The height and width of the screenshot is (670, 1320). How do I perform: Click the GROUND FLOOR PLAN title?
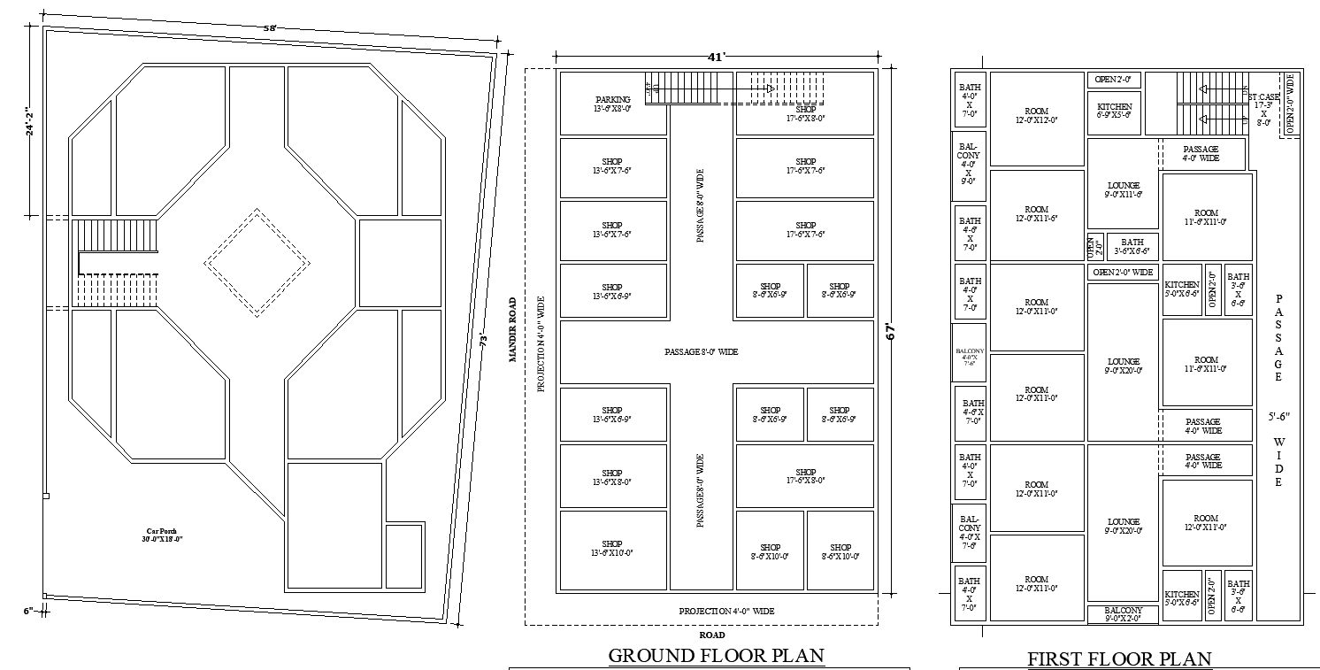(717, 656)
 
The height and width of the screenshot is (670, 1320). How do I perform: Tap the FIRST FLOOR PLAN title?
(1119, 658)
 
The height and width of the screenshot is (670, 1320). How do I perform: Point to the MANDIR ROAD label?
(511, 330)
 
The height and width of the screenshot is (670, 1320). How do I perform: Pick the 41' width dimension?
(716, 57)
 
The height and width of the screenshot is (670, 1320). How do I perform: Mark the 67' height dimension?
(892, 332)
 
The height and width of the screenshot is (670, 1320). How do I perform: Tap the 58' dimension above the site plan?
(271, 28)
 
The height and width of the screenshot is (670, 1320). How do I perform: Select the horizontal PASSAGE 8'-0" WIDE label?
(701, 352)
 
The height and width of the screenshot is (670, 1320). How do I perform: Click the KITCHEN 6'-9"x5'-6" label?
(1114, 111)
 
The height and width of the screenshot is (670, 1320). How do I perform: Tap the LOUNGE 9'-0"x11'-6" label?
(1123, 189)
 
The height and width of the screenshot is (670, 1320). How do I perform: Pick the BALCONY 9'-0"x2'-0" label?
(1124, 615)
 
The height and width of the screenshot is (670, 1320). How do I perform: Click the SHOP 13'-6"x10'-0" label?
(612, 550)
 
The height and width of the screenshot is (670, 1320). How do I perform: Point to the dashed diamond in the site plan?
(257, 262)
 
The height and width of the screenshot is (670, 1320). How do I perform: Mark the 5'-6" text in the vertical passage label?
(1278, 415)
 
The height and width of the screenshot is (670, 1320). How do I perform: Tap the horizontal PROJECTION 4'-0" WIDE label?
(726, 611)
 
